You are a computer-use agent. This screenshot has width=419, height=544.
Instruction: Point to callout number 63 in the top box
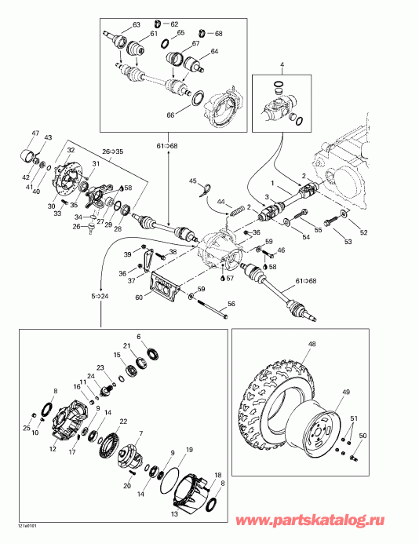point(137,25)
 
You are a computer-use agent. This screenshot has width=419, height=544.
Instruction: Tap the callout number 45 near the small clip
point(192,182)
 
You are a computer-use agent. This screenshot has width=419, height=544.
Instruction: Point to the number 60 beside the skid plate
point(140,298)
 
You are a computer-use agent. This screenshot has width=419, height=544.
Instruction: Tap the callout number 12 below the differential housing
point(53,450)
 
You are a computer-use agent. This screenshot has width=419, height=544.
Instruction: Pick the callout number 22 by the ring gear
point(124,422)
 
